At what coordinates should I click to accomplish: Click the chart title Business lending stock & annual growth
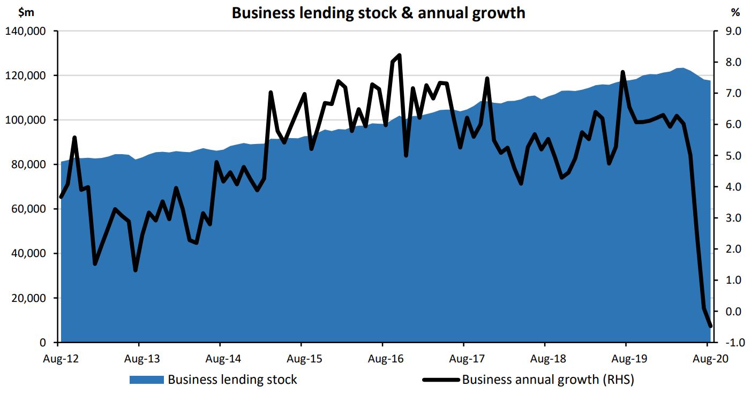point(378,12)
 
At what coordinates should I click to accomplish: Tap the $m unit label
point(26,12)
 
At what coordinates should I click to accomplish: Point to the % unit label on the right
point(735,12)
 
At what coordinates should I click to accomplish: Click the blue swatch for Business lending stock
point(146,380)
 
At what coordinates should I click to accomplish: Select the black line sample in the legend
point(440,380)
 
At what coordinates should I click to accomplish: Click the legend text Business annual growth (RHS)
point(547,380)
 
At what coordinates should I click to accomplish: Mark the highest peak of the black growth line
point(400,55)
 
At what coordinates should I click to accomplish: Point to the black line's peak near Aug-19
point(623,72)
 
